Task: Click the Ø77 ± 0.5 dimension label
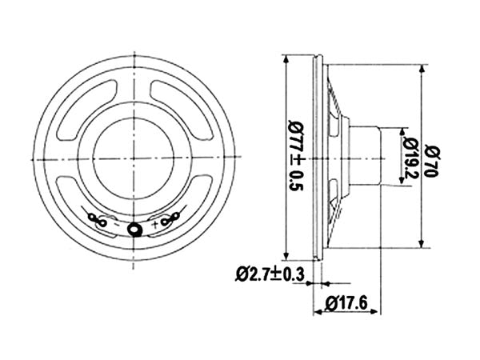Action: click(297, 156)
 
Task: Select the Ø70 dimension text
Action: click(433, 156)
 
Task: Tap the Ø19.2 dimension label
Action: click(410, 157)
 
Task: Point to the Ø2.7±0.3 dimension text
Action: click(270, 274)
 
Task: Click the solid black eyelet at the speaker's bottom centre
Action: click(137, 230)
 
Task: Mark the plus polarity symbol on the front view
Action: click(152, 226)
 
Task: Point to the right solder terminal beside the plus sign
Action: click(169, 217)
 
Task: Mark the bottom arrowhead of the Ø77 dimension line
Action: click(287, 254)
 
